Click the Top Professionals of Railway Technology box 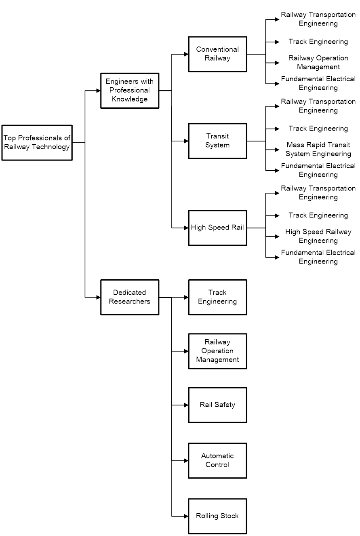point(37,143)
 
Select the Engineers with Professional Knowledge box point(130,91)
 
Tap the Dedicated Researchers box point(130,297)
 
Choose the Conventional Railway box point(217,54)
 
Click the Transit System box point(217,141)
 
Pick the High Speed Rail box point(217,228)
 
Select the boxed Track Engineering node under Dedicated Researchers point(217,297)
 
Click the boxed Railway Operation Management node point(217,351)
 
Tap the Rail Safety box point(217,405)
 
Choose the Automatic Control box point(217,460)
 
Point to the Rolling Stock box point(217,516)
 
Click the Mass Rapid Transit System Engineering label point(318,149)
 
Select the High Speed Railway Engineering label point(318,236)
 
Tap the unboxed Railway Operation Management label point(318,63)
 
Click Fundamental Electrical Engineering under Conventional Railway point(318,83)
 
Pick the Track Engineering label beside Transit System point(318,129)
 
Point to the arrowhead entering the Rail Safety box point(186,405)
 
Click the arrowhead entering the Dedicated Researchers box point(98,297)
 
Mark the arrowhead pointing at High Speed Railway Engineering point(277,236)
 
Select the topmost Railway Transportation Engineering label point(318,19)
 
